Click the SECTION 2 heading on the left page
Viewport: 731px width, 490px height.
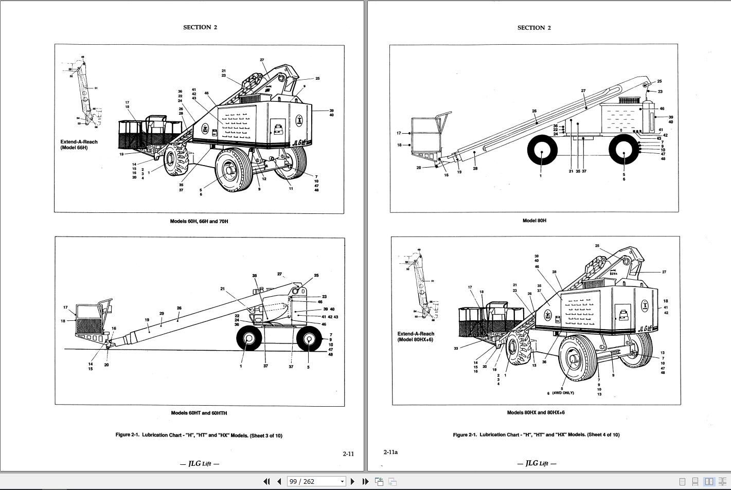[200, 27]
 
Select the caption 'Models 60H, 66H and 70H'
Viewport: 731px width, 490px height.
[199, 221]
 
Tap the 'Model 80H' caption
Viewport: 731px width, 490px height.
[534, 221]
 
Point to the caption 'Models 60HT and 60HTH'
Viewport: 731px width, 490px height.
[199, 413]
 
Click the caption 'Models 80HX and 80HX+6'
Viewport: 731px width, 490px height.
[536, 412]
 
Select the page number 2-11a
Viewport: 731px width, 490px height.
[390, 452]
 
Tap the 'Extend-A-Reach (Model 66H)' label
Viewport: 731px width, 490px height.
[79, 144]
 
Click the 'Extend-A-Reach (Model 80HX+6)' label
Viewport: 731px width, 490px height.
[416, 336]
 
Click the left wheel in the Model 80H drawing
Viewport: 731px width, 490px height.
[542, 151]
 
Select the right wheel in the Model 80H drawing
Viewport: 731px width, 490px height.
[623, 151]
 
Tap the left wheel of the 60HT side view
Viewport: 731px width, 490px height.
[249, 339]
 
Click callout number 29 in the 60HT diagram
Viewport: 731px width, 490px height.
[162, 314]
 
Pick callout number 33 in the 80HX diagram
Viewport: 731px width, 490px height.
[456, 349]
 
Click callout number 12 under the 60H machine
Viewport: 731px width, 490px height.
[264, 179]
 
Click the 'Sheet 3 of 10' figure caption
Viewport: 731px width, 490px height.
[199, 435]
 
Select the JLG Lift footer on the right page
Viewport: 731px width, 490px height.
[537, 463]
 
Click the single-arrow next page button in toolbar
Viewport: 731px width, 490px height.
[352, 481]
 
